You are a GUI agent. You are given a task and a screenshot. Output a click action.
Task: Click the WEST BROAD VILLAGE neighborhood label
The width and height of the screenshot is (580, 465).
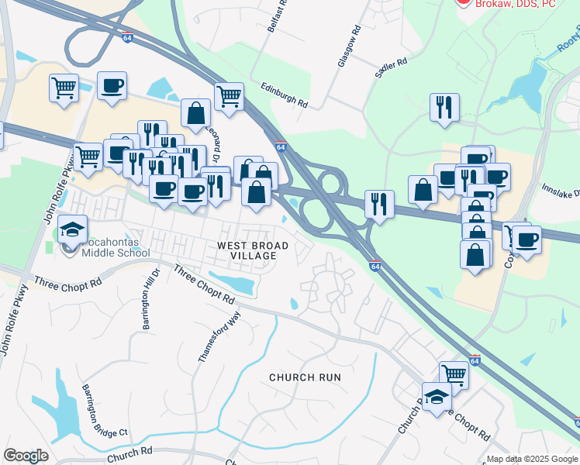[x=253, y=251]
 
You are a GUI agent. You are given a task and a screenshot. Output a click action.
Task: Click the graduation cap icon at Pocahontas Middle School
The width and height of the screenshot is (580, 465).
[x=72, y=229]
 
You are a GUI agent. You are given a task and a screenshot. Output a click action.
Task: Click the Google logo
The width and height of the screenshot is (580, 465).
[x=26, y=456]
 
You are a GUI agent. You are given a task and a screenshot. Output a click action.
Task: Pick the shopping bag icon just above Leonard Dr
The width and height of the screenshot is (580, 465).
[x=196, y=112]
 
